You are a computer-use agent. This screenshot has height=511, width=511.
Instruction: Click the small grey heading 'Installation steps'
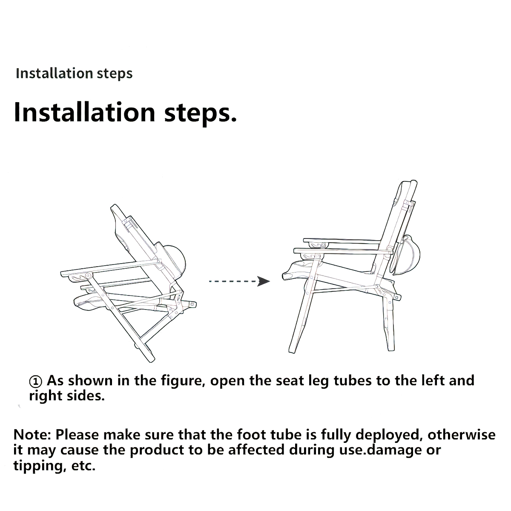coord(74,73)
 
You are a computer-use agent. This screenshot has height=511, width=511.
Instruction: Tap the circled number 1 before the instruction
coord(36,381)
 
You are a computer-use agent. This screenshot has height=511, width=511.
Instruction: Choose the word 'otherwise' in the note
coord(462,435)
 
